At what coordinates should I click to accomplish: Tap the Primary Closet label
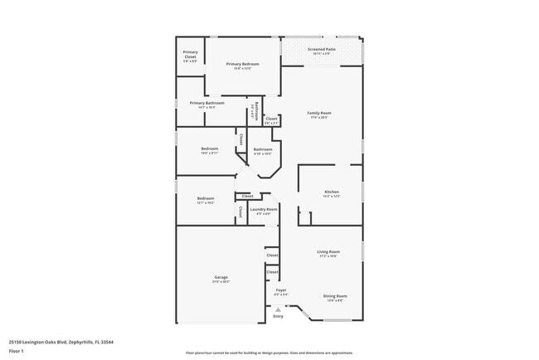(x=190, y=52)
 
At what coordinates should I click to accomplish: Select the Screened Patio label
(x=321, y=49)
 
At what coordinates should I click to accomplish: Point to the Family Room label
(x=319, y=112)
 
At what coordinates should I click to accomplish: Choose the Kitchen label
(x=331, y=192)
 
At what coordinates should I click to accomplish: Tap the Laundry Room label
(x=264, y=209)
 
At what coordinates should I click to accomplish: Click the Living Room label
(x=328, y=251)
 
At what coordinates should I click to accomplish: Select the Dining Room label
(x=335, y=295)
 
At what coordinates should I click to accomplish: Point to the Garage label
(x=221, y=277)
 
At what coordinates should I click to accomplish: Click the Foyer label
(x=281, y=289)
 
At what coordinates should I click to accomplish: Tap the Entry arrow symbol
(x=278, y=309)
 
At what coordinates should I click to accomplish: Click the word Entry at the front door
(x=278, y=316)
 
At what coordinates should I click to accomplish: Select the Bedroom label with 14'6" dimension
(x=209, y=148)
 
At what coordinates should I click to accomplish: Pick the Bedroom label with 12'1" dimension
(x=206, y=197)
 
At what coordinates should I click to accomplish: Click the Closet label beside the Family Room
(x=271, y=119)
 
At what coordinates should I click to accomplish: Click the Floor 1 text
(x=17, y=351)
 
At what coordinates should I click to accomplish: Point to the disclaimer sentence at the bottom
(x=269, y=352)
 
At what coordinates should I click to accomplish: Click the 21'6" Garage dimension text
(x=221, y=282)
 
